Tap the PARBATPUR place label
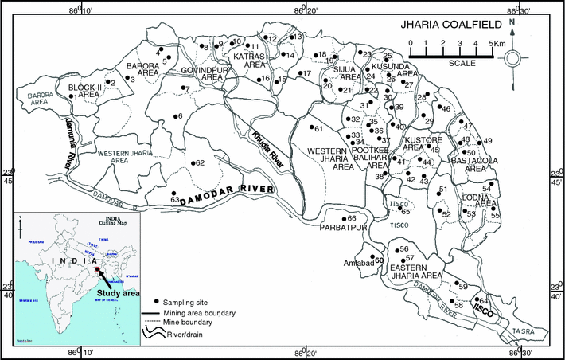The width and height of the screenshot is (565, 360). click(x=343, y=228)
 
